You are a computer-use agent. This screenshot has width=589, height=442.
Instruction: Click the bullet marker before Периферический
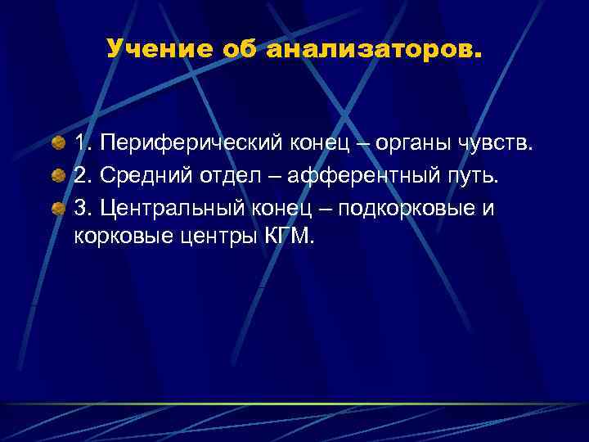pyautogui.click(x=58, y=146)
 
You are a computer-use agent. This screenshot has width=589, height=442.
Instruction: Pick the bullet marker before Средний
pyautogui.click(x=58, y=176)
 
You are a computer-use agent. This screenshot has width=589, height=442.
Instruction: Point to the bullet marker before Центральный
pyautogui.click(x=58, y=207)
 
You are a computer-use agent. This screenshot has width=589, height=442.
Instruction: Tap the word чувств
pyautogui.click(x=502, y=146)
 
